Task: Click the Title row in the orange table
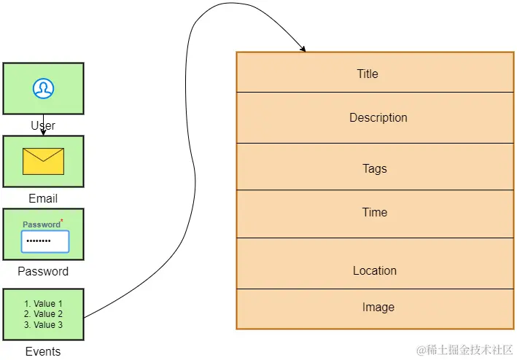pos(368,74)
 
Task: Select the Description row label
pos(378,117)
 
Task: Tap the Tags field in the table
pos(375,168)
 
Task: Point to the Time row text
pos(375,212)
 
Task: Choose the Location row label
pos(375,270)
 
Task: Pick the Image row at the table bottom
pos(378,308)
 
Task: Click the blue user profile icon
pos(43,88)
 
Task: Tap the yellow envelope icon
pos(43,161)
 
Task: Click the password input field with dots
pos(44,241)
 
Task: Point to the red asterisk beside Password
pos(62,220)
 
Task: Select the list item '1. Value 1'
pos(44,304)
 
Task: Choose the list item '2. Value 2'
pos(44,314)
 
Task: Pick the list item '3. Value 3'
pos(44,325)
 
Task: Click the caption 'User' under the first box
pos(43,125)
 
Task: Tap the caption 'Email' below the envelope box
pos(43,198)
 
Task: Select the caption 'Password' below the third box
pos(43,271)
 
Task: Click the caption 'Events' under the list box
pos(43,351)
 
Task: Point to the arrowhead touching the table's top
pos(303,49)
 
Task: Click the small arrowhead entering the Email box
pos(43,133)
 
